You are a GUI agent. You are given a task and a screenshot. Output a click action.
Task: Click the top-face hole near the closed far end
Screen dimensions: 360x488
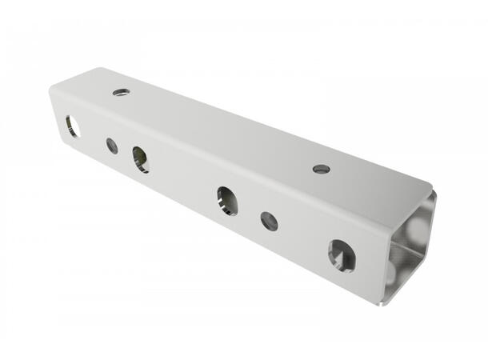coord(121,93)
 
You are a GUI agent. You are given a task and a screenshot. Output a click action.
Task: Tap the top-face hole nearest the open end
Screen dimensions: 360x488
coord(321,169)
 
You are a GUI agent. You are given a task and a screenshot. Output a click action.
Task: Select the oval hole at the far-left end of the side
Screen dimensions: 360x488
coord(72,126)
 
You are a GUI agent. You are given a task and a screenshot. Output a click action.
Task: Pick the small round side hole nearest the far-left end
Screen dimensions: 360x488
coord(112,146)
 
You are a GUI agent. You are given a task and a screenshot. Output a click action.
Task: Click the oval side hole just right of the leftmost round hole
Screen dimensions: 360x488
coord(140,159)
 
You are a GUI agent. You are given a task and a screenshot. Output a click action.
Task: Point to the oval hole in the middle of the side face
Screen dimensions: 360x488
coord(226,200)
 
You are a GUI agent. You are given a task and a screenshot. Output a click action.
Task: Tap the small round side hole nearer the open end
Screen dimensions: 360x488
coord(270,221)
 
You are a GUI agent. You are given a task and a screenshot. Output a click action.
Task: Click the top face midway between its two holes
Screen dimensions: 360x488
coord(221,130)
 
